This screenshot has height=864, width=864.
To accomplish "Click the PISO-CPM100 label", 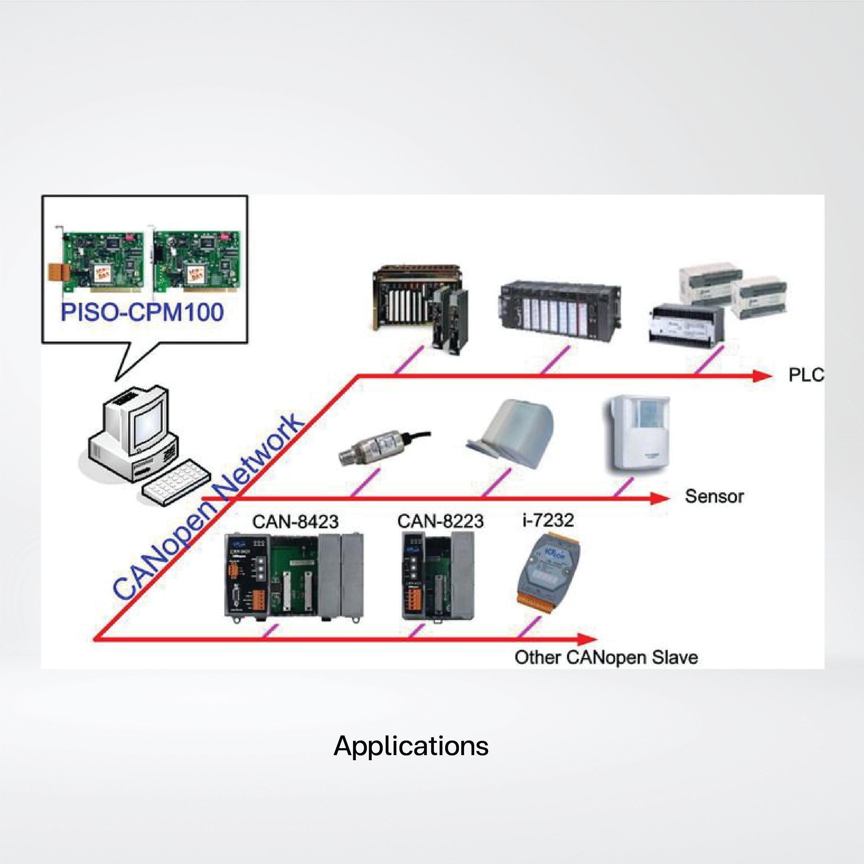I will click(x=142, y=312).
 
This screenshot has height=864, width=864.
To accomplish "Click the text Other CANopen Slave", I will click(x=606, y=657).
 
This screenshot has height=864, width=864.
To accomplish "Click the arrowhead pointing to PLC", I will click(x=762, y=376).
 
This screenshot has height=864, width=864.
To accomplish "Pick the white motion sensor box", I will click(x=640, y=434).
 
